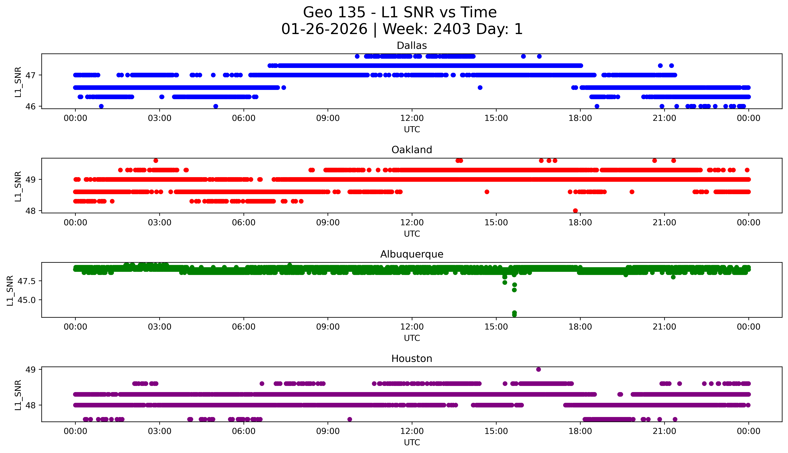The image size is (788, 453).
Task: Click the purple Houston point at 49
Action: click(538, 369)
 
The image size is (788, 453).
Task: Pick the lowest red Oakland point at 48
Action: click(575, 211)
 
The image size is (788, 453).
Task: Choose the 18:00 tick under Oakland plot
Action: click(580, 222)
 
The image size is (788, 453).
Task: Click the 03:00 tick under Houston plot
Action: click(160, 431)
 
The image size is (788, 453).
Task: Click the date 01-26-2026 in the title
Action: click(324, 29)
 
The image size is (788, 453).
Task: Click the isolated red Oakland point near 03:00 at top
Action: click(156, 161)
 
